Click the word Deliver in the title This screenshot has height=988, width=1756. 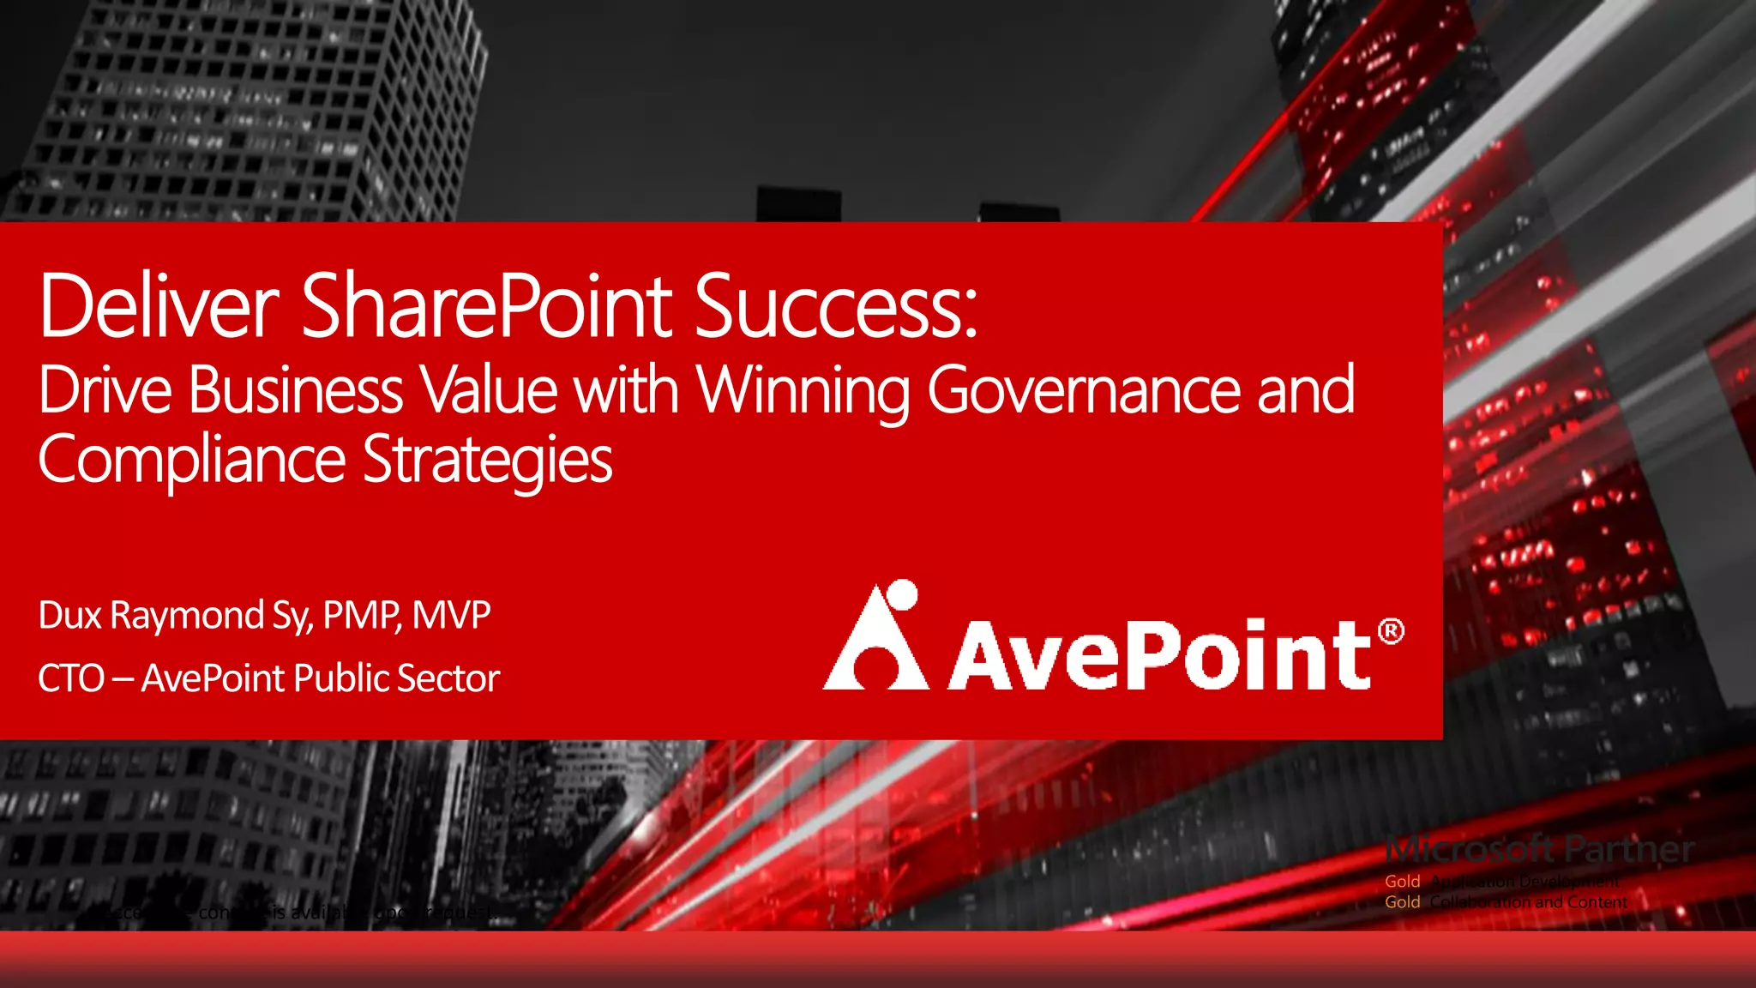pyautogui.click(x=159, y=306)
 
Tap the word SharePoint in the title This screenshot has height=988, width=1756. pyautogui.click(x=486, y=306)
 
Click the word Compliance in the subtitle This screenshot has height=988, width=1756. pyautogui.click(x=191, y=461)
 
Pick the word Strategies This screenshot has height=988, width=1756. pyautogui.click(x=488, y=461)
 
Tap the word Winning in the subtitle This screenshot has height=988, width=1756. pyautogui.click(x=803, y=391)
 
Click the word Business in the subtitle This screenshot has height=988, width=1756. pyautogui.click(x=296, y=391)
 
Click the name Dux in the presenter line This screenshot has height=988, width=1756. pyautogui.click(x=70, y=616)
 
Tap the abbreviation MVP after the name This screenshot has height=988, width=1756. pyautogui.click(x=451, y=616)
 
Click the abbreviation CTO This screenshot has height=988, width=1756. pyautogui.click(x=71, y=679)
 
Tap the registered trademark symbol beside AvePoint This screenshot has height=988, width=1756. pyautogui.click(x=1391, y=632)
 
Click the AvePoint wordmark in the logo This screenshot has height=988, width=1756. pyautogui.click(x=1162, y=655)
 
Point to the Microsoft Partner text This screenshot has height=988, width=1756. pyautogui.click(x=1540, y=850)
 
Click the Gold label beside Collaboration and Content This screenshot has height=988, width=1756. pyautogui.click(x=1402, y=902)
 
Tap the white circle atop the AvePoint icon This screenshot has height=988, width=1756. pyautogui.click(x=902, y=593)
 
